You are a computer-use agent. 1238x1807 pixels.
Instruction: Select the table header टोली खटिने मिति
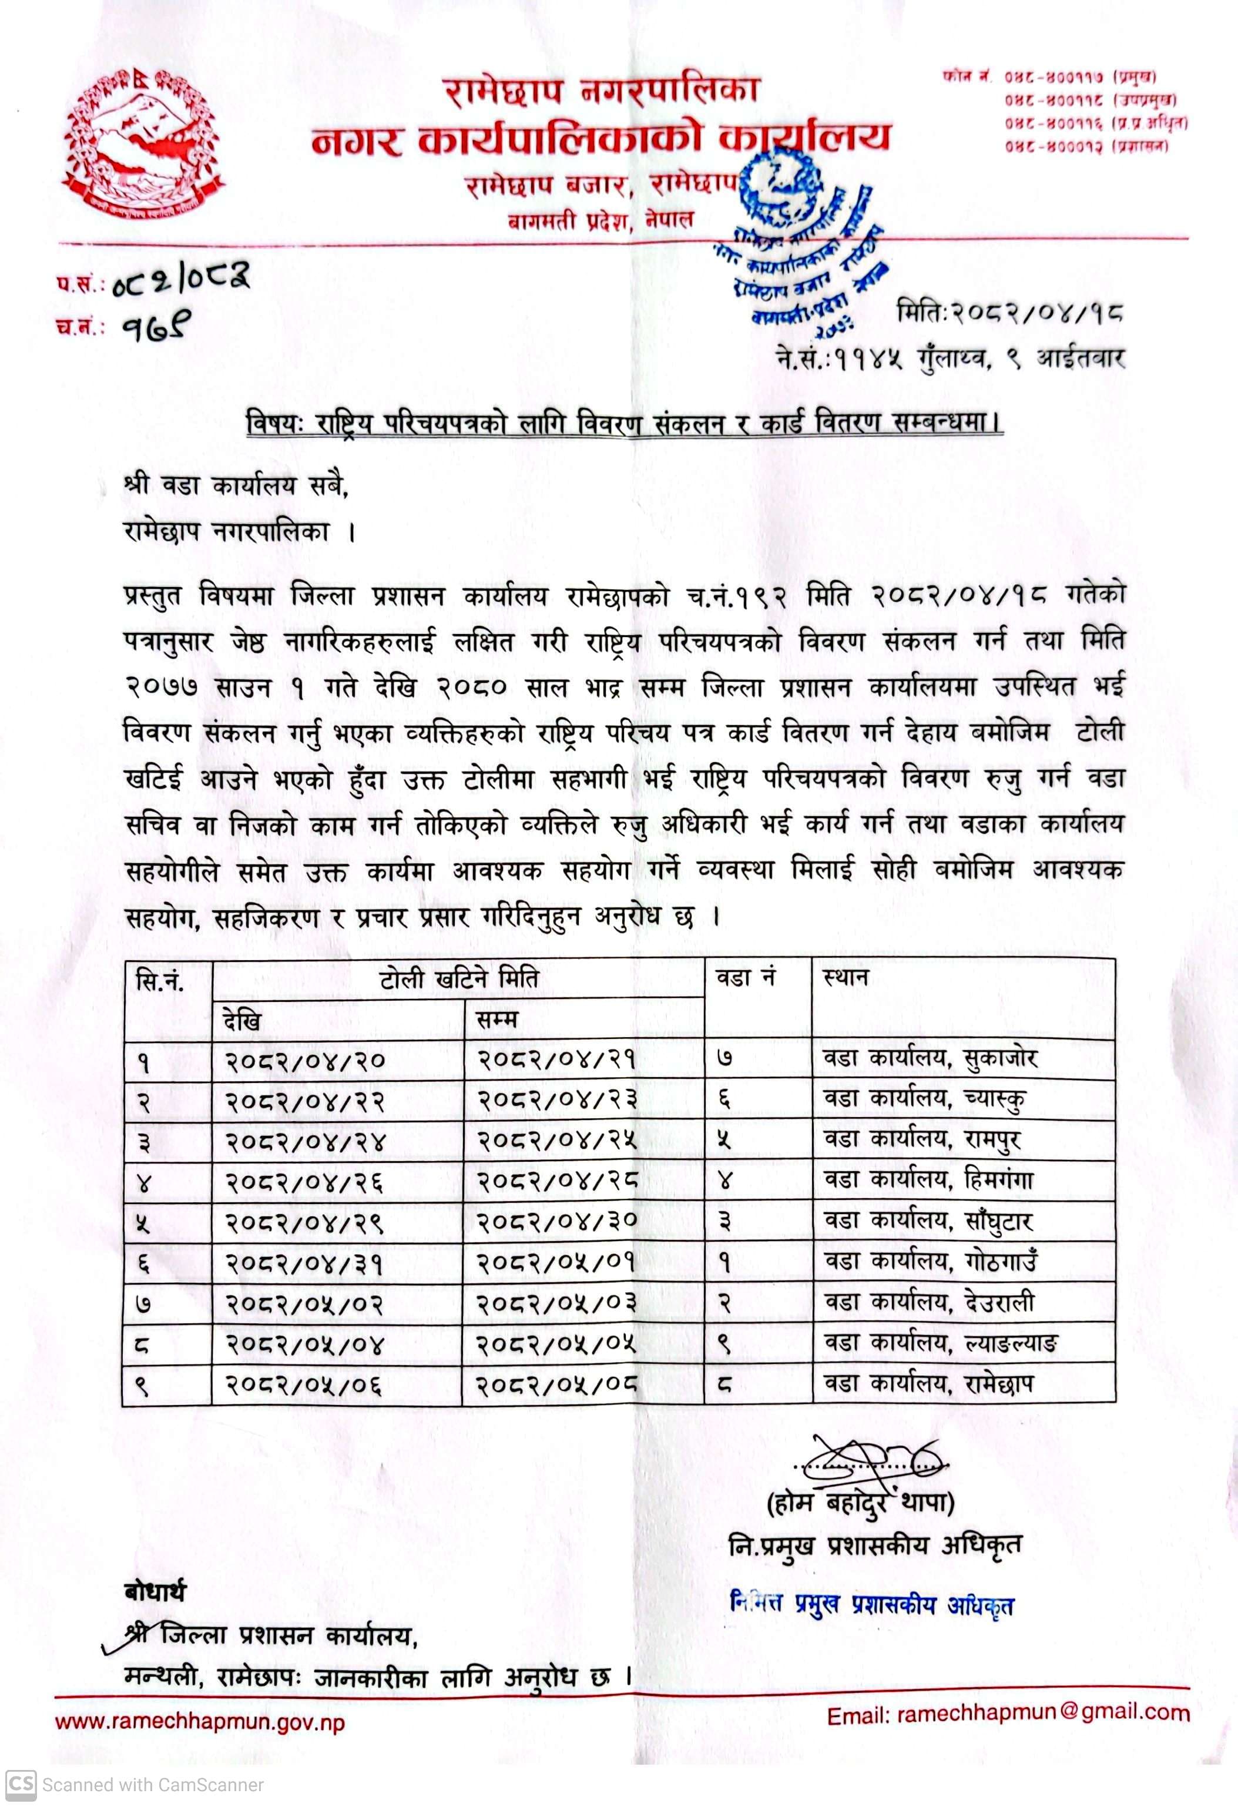[459, 979]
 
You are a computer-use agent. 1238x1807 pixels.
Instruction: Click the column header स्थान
[846, 977]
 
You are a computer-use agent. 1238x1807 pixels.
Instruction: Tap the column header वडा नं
[745, 977]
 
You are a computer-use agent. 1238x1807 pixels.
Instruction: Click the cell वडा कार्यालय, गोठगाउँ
[931, 1261]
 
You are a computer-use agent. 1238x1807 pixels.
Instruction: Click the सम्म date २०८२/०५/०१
[556, 1261]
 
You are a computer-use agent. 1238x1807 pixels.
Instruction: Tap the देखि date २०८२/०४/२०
[306, 1060]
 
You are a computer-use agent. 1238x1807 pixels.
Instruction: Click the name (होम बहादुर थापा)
[860, 1504]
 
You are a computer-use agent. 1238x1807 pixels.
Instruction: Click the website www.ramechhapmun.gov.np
[200, 1721]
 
